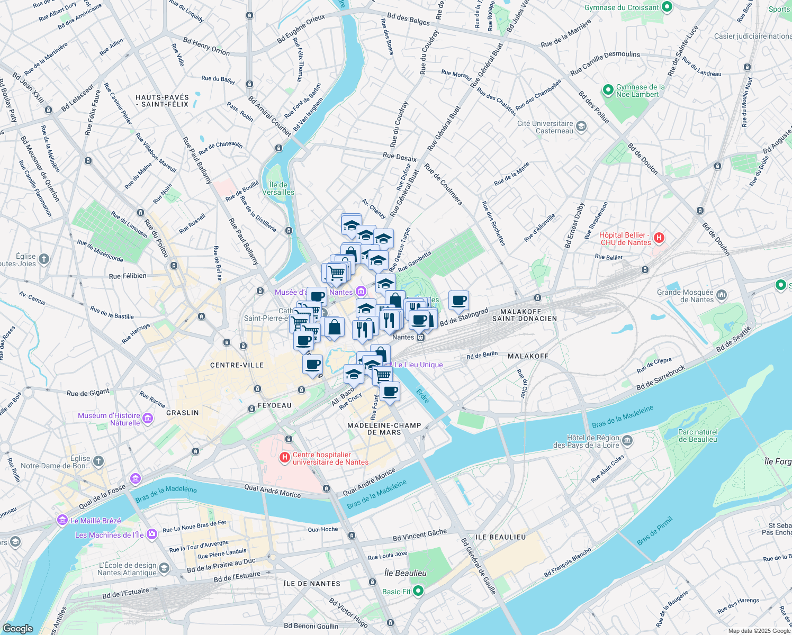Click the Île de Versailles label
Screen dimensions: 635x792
point(278,188)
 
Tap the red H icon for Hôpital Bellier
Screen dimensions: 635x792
point(659,238)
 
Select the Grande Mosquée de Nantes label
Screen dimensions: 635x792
point(685,296)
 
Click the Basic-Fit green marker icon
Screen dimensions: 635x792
point(418,591)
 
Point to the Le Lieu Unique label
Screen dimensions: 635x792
point(418,365)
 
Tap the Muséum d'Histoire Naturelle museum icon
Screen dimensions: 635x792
point(148,419)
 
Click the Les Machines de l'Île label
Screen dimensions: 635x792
point(109,535)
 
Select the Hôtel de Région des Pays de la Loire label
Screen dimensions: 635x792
point(586,441)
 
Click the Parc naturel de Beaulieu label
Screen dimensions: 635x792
point(698,436)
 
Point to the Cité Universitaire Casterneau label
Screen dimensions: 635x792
point(545,127)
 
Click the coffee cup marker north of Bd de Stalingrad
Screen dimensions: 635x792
point(458,301)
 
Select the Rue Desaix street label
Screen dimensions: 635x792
point(399,156)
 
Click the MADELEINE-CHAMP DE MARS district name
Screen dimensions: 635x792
point(384,429)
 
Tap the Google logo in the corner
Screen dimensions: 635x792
point(18,628)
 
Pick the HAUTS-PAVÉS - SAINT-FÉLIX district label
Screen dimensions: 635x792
point(162,101)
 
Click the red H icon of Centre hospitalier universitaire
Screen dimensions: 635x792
point(284,457)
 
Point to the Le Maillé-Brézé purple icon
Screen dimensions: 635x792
point(63,520)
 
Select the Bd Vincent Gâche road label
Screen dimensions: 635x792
point(419,535)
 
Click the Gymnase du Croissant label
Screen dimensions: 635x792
point(622,7)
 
